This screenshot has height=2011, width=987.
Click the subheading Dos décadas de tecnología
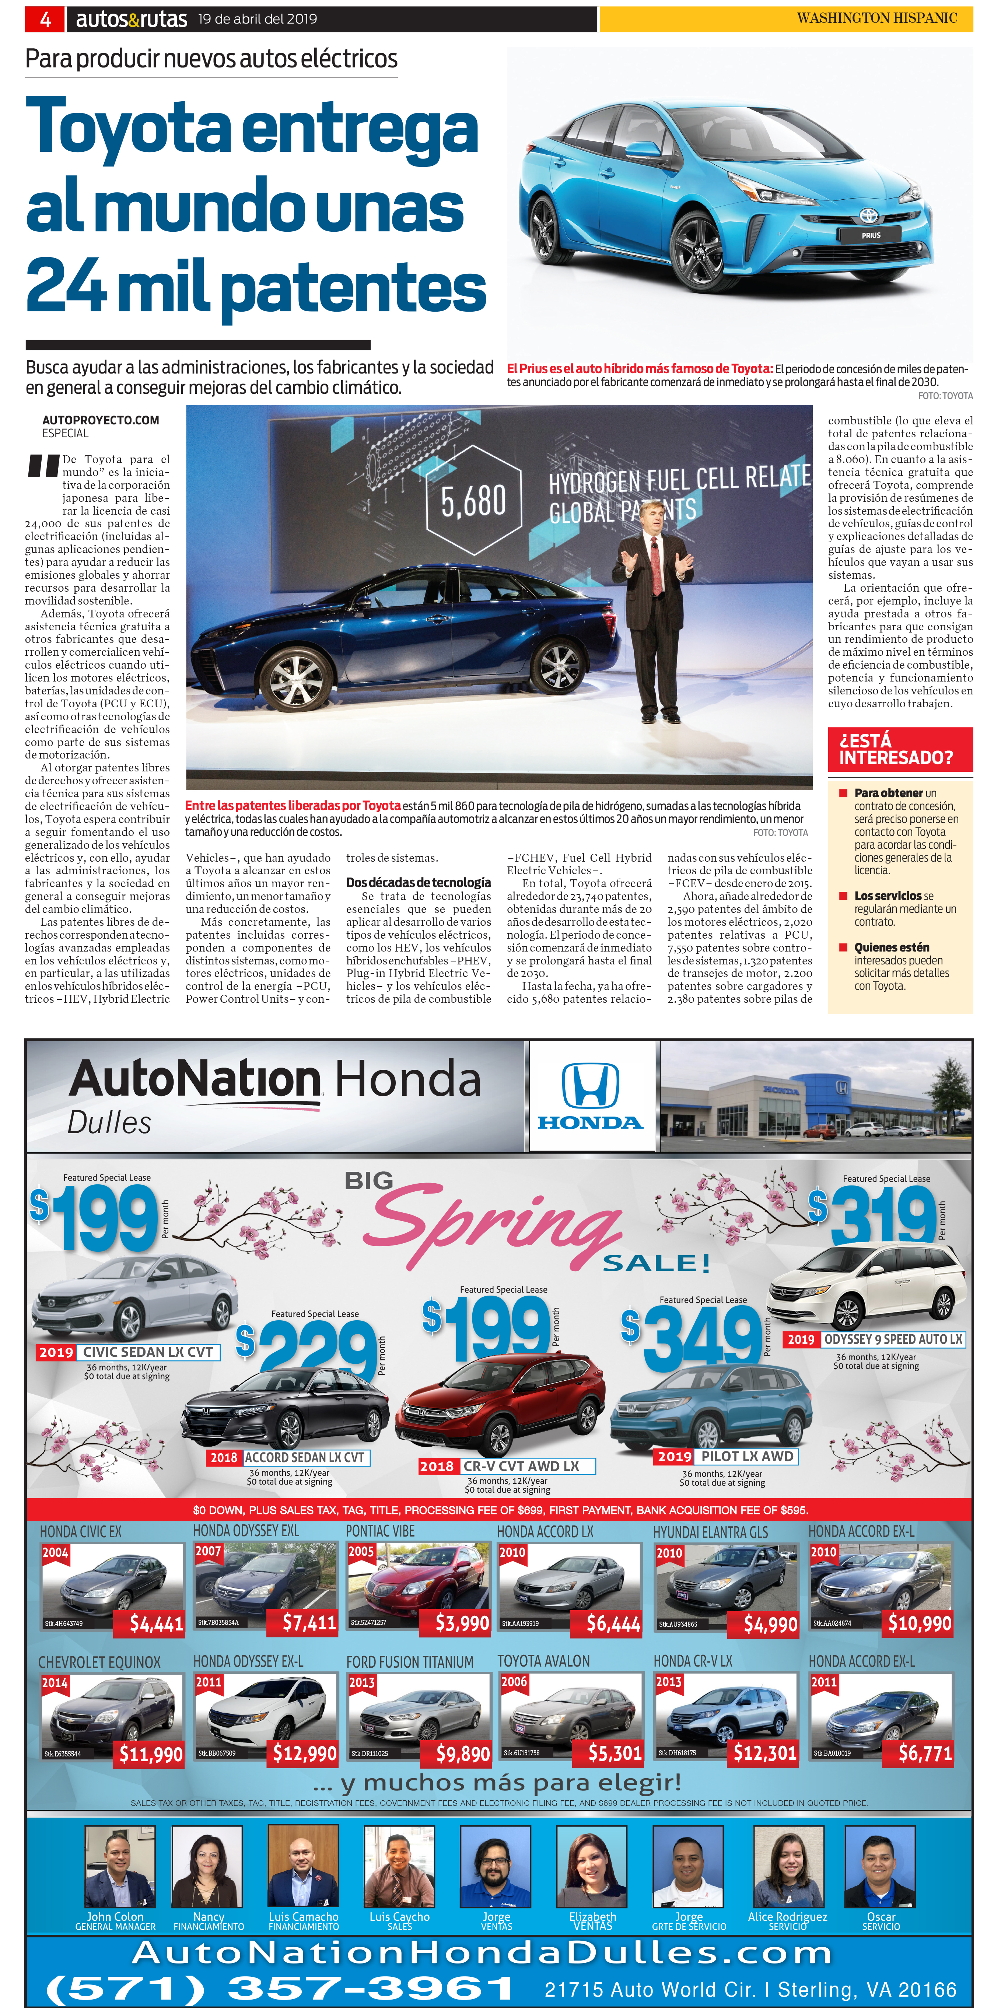(419, 882)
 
